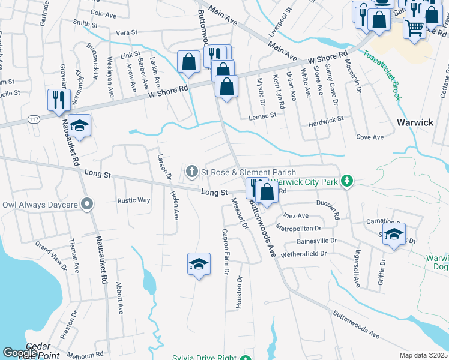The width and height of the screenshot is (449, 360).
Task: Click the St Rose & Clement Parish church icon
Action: (192, 173)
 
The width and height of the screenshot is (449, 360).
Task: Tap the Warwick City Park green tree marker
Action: (346, 180)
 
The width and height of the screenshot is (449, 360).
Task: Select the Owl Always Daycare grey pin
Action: (87, 205)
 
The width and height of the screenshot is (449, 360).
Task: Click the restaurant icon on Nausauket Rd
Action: (59, 99)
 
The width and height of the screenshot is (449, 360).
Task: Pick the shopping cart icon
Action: (414, 27)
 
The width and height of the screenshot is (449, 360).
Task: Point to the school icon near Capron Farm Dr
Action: (199, 263)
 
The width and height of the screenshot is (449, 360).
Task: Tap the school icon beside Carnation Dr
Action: (394, 234)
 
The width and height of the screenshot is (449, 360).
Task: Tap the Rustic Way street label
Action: (133, 200)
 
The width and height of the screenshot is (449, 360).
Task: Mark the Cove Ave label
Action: (370, 137)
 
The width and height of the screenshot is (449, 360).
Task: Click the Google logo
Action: (20, 353)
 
